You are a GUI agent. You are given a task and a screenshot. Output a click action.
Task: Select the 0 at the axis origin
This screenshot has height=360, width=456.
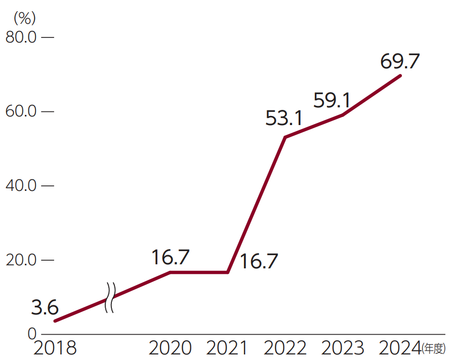point(31,334)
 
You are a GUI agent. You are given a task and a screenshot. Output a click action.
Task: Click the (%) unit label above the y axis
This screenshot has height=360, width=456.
point(24,18)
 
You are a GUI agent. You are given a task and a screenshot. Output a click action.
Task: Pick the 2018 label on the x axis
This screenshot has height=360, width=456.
point(54,348)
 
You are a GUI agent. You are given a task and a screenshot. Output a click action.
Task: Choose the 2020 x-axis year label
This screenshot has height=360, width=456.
point(170,348)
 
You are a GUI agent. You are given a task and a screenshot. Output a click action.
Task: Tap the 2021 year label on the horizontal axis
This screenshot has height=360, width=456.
point(228,348)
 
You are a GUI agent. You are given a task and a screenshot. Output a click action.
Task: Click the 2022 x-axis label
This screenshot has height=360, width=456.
point(285,348)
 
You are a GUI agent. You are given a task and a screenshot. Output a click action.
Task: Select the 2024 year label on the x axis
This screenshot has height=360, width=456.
point(400,348)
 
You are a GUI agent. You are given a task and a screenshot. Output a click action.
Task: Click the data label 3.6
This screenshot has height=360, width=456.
point(45,307)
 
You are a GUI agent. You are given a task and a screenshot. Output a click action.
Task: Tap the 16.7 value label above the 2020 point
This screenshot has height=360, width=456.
point(171,258)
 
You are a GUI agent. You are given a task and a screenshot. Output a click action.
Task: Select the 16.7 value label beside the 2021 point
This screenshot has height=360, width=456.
point(259,261)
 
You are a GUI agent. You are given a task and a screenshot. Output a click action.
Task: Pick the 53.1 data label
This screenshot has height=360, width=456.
point(284,119)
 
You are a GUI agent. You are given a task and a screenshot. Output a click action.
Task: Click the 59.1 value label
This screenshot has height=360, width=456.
point(332,100)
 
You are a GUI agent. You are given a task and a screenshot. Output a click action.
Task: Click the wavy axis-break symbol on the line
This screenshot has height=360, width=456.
point(110,298)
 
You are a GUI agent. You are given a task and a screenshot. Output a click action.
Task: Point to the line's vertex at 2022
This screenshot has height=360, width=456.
point(285,137)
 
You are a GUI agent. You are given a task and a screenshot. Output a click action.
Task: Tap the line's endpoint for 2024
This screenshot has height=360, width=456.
point(400,75)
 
